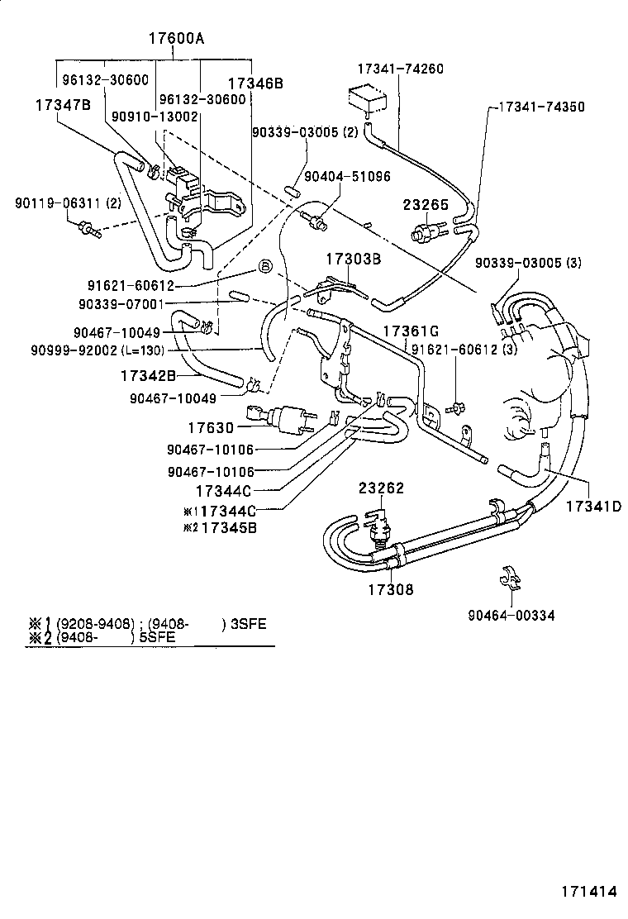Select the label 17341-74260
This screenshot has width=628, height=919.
pos(400,69)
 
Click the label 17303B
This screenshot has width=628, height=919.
pos(352,260)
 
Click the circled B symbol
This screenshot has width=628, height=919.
pos(265,266)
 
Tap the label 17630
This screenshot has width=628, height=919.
pos(212,427)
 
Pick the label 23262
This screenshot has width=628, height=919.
pos(381,488)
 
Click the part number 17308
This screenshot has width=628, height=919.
pos(391,589)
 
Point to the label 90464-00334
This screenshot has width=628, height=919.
pos(511,615)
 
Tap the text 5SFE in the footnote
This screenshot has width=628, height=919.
pos(163,639)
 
